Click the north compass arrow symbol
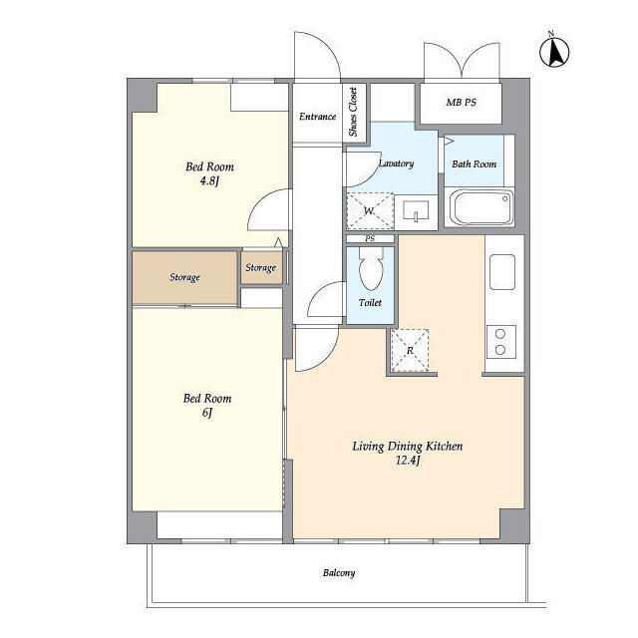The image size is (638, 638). tap(554, 51)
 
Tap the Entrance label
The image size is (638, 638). tap(317, 117)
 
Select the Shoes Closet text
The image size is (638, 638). tap(353, 112)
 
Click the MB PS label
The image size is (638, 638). tap(461, 103)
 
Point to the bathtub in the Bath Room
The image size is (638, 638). tap(480, 207)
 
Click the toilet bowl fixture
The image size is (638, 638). tap(371, 268)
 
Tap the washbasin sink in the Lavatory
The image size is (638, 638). tap(416, 211)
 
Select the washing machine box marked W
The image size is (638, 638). tap(370, 210)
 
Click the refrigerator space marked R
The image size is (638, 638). tap(410, 350)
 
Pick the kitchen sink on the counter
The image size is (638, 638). tap(502, 272)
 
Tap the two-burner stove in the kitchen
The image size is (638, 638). tap(500, 342)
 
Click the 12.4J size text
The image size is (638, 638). tap(408, 461)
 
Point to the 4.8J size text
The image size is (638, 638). tap(209, 180)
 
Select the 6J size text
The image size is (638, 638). tap(207, 413)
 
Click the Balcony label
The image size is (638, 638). tap(339, 573)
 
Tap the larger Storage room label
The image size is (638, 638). tap(184, 277)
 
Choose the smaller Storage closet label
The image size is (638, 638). tap(260, 268)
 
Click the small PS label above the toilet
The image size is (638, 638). tap(370, 239)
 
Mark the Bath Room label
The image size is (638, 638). tap(475, 164)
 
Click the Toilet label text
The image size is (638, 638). tap(370, 303)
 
